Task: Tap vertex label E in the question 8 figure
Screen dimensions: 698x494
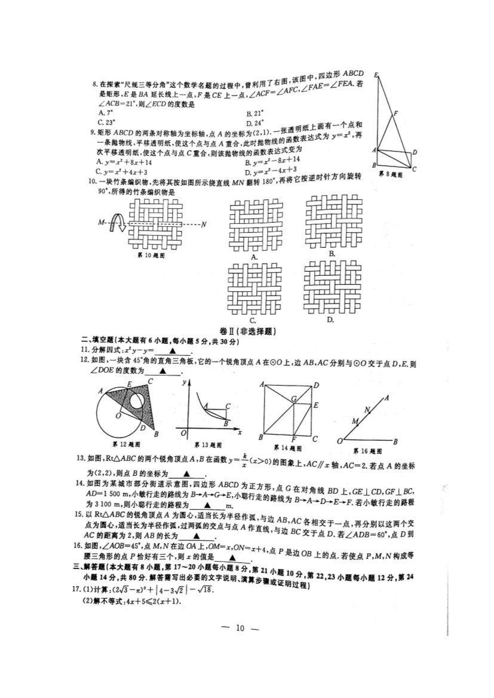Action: (376, 75)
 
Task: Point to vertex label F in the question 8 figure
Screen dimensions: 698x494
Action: (396, 113)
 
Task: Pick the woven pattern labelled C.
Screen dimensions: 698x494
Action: (255, 288)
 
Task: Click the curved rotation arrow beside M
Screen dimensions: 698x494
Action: (119, 225)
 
